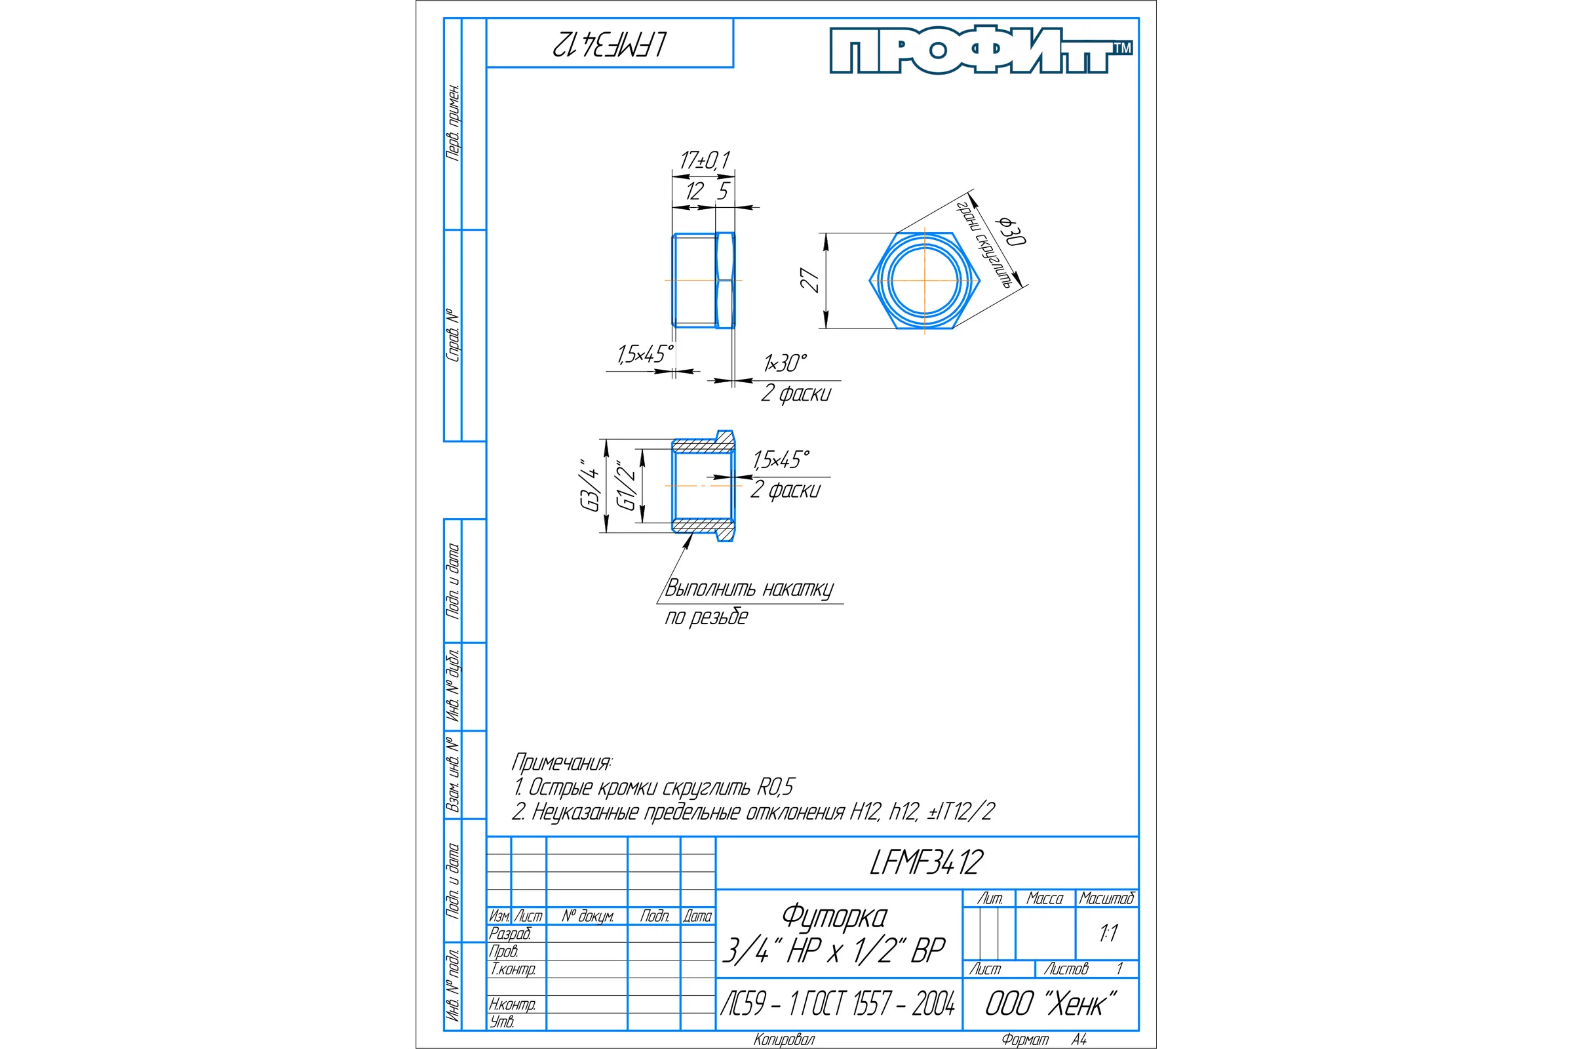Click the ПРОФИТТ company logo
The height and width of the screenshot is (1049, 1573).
[x=981, y=50]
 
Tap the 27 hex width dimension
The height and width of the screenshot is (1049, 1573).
[x=810, y=281]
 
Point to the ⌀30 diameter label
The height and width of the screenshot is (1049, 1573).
[x=1012, y=231]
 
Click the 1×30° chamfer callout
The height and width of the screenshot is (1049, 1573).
[x=785, y=363]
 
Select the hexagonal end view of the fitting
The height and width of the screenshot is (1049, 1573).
[x=925, y=281]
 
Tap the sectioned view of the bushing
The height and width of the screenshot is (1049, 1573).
[x=703, y=486]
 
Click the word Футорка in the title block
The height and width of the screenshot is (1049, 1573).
[x=834, y=917]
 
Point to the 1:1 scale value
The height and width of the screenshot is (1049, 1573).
[x=1108, y=932]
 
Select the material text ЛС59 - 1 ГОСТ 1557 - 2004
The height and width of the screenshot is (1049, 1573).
[x=838, y=1004]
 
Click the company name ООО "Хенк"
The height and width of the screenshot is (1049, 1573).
[x=1051, y=1004]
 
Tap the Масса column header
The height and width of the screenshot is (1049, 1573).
[x=1045, y=898]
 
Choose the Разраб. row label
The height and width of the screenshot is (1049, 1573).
[x=510, y=933]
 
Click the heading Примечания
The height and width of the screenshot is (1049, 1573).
[x=561, y=761]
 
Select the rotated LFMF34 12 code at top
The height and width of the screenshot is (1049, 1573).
[x=610, y=44]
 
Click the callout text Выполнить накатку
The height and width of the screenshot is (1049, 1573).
[x=749, y=589]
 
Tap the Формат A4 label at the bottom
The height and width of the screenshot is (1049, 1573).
[x=1044, y=1040]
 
